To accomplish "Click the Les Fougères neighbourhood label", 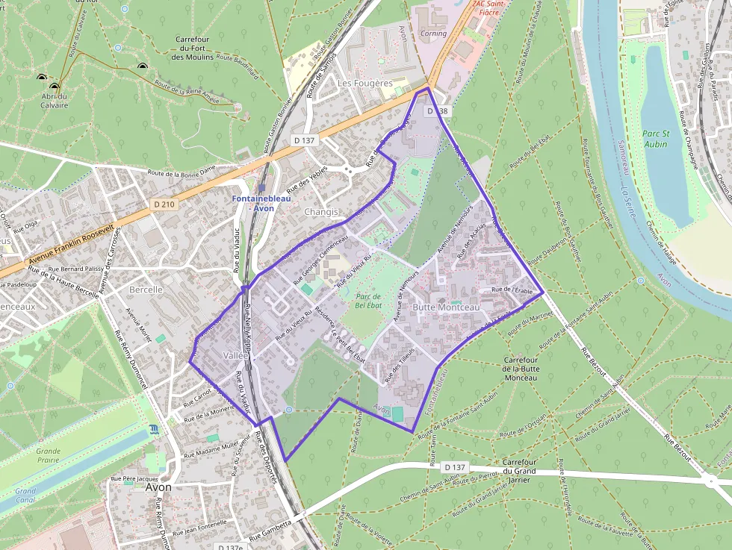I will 365,84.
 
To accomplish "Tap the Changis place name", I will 321,212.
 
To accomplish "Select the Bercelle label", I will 146,290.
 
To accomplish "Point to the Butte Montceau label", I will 447,307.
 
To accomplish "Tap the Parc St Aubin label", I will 655,138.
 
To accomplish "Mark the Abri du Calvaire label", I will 54,101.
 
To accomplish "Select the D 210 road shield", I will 163,204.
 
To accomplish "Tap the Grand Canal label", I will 25,496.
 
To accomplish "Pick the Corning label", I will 433,34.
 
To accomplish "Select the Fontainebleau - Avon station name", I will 262,204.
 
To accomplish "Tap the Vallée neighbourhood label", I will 235,356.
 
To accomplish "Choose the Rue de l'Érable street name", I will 512,290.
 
